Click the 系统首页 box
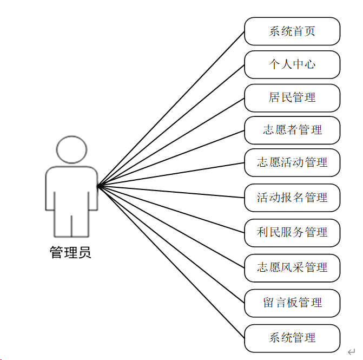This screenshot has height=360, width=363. [x=292, y=31]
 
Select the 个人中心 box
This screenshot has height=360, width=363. [x=292, y=65]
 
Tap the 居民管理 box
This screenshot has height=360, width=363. [x=292, y=98]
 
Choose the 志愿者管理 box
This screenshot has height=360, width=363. [x=292, y=130]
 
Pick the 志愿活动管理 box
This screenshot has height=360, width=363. [x=292, y=162]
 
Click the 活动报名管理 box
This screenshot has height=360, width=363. [x=292, y=198]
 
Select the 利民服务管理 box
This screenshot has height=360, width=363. [x=292, y=233]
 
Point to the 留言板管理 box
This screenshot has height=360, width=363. [x=292, y=303]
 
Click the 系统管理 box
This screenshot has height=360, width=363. [x=292, y=338]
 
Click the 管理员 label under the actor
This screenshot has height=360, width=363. [x=71, y=253]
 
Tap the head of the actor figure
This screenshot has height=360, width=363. [x=71, y=150]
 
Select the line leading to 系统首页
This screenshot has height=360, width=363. [x=171, y=108]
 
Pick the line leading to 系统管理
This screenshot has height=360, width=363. [x=171, y=261]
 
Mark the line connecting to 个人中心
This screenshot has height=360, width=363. [x=171, y=125]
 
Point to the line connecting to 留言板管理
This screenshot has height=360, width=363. [x=171, y=244]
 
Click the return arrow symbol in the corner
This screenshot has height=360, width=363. [x=351, y=352]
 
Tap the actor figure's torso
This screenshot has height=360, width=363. [x=71, y=189]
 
